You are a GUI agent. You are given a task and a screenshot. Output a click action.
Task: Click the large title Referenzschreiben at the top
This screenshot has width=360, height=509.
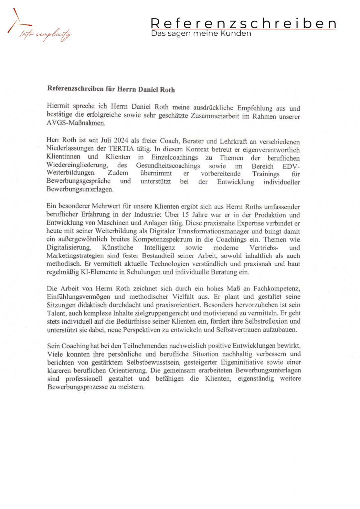pos(243,23)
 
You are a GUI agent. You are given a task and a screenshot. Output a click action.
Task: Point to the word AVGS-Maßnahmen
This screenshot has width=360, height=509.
pos(76,124)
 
